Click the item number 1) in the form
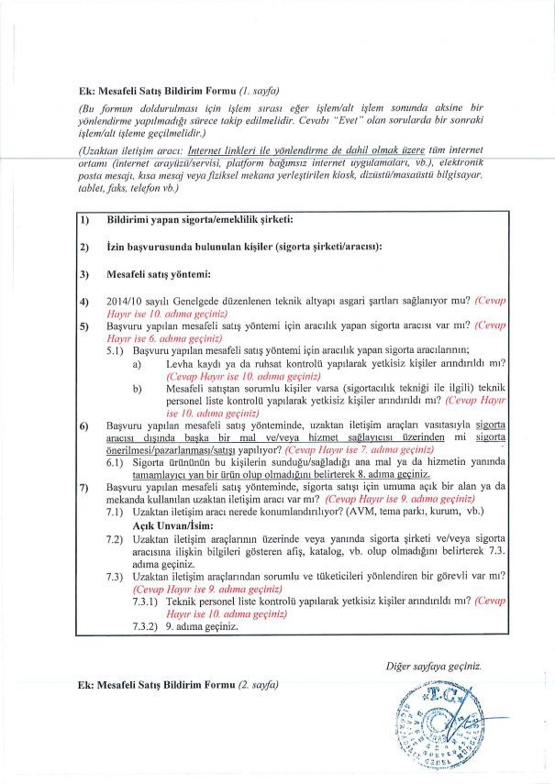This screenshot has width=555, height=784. pyautogui.click(x=83, y=221)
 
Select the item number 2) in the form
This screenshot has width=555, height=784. pyautogui.click(x=83, y=248)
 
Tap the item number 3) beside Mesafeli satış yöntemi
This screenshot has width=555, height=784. pyautogui.click(x=83, y=273)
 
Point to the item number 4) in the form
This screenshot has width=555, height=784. pyautogui.click(x=83, y=300)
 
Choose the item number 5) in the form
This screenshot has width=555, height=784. pyautogui.click(x=83, y=326)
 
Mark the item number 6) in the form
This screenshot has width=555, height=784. pyautogui.click(x=83, y=426)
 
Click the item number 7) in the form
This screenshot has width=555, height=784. pyautogui.click(x=83, y=487)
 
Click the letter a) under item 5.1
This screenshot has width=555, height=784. pyautogui.click(x=137, y=363)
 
